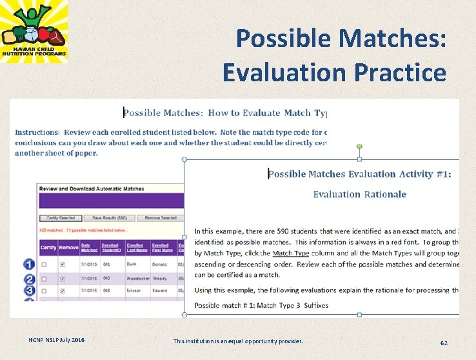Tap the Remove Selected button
click(x=160, y=218)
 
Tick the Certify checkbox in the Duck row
click(x=44, y=265)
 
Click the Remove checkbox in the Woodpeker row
click(x=62, y=279)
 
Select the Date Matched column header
click(x=90, y=247)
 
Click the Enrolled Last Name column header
click(x=135, y=247)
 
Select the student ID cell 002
click(x=107, y=279)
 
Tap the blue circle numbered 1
click(x=29, y=265)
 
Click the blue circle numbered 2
click(x=29, y=279)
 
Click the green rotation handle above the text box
click(x=359, y=147)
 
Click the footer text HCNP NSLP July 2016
click(x=56, y=340)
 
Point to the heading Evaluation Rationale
click(x=359, y=194)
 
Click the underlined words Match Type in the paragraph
click(x=291, y=254)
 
